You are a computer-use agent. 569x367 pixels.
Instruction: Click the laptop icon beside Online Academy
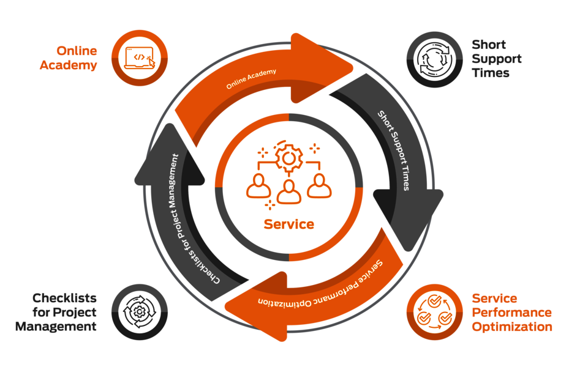(140, 58)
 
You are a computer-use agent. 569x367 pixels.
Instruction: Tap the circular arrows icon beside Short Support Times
(434, 59)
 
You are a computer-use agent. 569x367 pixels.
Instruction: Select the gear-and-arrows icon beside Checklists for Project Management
(140, 312)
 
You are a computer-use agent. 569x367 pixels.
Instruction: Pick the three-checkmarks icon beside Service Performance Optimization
(435, 312)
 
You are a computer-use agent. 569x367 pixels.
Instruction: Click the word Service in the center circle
(289, 224)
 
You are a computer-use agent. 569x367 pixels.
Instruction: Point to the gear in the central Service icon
(288, 158)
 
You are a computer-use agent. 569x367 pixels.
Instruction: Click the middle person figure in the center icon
(289, 192)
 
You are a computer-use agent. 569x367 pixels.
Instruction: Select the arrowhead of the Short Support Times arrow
(409, 217)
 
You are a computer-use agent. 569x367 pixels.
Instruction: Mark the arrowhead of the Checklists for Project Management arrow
(170, 156)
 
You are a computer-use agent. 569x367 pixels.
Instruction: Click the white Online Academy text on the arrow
(251, 79)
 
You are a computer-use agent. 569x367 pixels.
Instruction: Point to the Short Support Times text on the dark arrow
(394, 150)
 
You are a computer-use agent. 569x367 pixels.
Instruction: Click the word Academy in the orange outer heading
(68, 65)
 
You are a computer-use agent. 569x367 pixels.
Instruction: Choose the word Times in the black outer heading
(491, 73)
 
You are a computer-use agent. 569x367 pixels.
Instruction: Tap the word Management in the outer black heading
(56, 327)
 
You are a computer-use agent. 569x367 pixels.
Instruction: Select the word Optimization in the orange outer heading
(512, 327)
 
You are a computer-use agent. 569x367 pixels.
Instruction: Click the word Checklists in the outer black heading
(64, 298)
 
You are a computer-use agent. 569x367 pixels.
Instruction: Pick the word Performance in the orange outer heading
(511, 313)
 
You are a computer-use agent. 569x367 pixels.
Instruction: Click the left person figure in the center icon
(258, 186)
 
